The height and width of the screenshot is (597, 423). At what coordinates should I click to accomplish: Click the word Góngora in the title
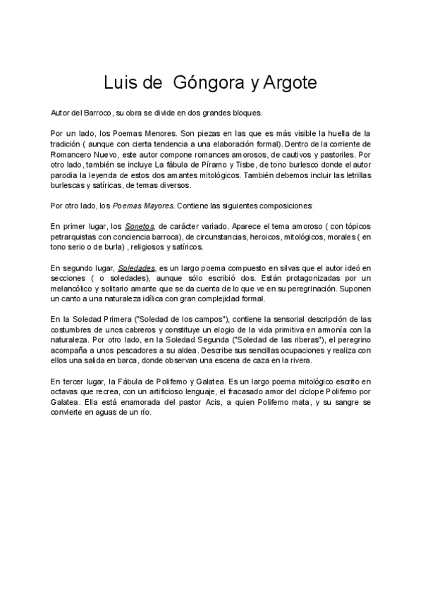pos(202,82)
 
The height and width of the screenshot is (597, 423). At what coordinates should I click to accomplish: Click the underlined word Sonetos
pos(140,227)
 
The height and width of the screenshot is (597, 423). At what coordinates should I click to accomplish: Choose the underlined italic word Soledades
pos(137,268)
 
